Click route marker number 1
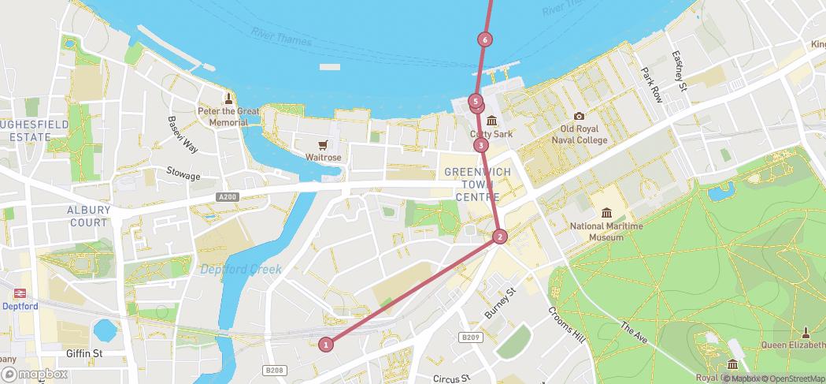[x=326, y=344]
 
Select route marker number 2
[x=499, y=237]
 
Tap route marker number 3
[x=480, y=145]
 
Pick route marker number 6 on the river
[x=485, y=39]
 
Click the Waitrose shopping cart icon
[x=323, y=144]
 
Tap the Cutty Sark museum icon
[x=492, y=121]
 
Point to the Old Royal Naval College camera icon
[x=580, y=117]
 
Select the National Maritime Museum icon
[x=606, y=214]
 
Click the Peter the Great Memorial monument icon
[x=229, y=99]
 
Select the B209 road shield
[x=470, y=337]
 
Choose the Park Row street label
[x=651, y=85]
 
